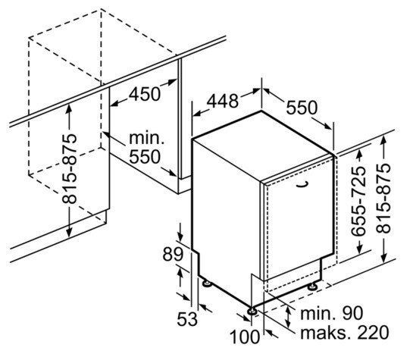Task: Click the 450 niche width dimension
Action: tap(144, 94)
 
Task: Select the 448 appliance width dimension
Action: tap(223, 101)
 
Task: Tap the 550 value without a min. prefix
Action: tap(302, 108)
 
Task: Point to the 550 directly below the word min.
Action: tap(145, 156)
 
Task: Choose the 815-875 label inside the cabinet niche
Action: tap(69, 169)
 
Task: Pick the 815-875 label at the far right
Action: tap(383, 199)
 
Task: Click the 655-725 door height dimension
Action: tap(358, 201)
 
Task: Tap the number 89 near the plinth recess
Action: tap(173, 254)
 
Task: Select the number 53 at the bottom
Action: tap(187, 319)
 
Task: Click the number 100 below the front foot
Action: tap(245, 337)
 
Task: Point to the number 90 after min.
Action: tap(352, 313)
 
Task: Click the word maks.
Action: tap(323, 333)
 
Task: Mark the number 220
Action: tap(373, 333)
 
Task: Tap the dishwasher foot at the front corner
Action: tap(252, 311)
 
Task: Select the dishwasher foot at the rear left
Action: tap(206, 283)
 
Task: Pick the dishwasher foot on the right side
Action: tap(313, 286)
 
